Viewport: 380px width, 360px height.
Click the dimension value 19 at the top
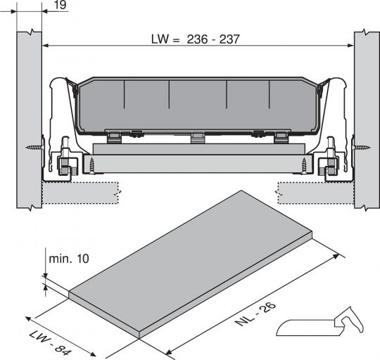coord(60,6)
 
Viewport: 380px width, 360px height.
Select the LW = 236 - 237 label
coord(194,39)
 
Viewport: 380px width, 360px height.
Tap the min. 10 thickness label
coord(70,259)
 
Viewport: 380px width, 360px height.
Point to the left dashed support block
coord(77,192)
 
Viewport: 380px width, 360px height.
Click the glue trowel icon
coord(321,323)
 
